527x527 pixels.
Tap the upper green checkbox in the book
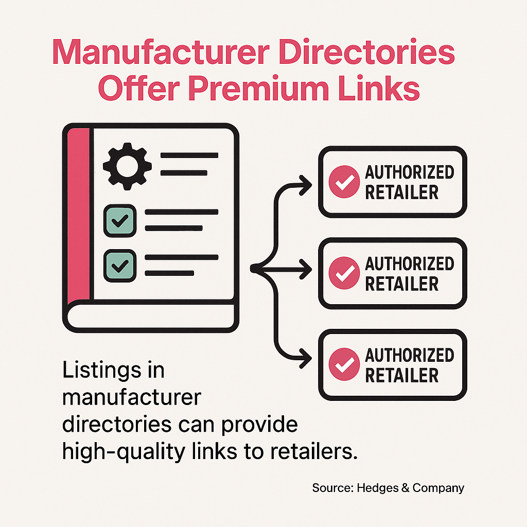pyautogui.click(x=120, y=221)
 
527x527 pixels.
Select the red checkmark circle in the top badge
pyautogui.click(x=343, y=182)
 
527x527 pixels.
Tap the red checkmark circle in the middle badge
pyautogui.click(x=343, y=273)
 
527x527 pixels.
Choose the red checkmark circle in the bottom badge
pyautogui.click(x=343, y=364)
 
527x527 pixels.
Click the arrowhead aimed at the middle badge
pyautogui.click(x=306, y=268)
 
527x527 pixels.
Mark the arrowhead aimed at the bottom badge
pyautogui.click(x=306, y=356)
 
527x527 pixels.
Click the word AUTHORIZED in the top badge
pyautogui.click(x=410, y=172)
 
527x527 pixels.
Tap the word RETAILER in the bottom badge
pyautogui.click(x=402, y=375)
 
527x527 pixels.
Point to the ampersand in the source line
pyautogui.click(x=405, y=488)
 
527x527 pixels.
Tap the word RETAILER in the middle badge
pyautogui.click(x=402, y=284)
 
